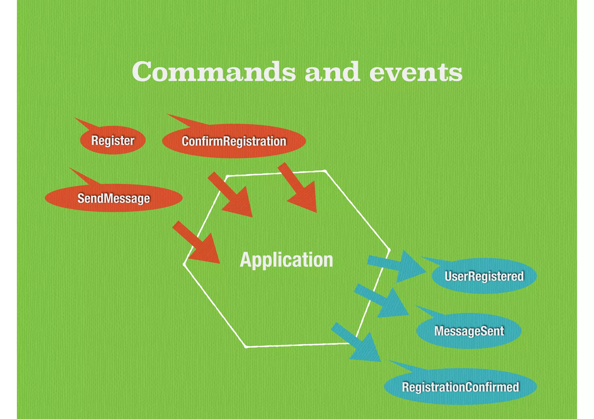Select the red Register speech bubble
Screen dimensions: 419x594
[113, 140]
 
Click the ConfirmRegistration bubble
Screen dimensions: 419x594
[234, 141]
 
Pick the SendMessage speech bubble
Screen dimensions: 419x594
[114, 198]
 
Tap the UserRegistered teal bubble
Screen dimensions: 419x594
[484, 276]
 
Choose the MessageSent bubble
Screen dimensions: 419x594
[469, 331]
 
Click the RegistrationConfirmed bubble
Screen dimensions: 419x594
[460, 387]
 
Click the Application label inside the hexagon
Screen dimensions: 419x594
[286, 260]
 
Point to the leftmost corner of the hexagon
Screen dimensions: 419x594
[184, 264]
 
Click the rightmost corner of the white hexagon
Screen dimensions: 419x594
[389, 250]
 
